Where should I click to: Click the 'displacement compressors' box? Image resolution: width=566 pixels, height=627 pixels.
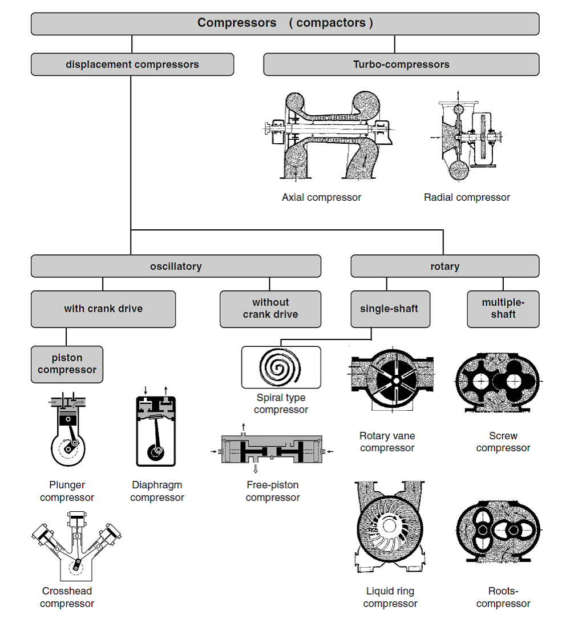click(x=132, y=64)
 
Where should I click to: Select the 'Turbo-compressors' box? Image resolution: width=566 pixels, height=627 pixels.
click(x=401, y=64)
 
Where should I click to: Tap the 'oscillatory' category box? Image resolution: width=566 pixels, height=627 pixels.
click(x=176, y=266)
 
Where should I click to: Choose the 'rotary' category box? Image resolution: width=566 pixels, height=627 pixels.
click(x=445, y=266)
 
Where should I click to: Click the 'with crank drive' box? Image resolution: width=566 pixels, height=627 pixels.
click(x=103, y=309)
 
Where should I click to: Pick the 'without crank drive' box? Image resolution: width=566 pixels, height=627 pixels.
click(x=270, y=309)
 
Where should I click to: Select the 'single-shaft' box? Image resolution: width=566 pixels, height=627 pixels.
click(x=390, y=309)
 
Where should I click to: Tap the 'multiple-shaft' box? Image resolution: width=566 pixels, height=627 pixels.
click(x=503, y=309)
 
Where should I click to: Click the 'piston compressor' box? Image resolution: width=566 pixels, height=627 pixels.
click(x=67, y=365)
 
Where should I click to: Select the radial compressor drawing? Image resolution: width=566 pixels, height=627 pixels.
click(x=466, y=136)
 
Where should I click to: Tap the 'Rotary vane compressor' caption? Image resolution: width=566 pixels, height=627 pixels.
click(x=387, y=442)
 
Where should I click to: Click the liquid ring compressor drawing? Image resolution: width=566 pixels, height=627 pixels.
click(x=390, y=527)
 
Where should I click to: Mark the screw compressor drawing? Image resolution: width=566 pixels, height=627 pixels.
click(x=499, y=382)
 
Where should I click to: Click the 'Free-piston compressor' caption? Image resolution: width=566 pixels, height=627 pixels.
click(x=273, y=491)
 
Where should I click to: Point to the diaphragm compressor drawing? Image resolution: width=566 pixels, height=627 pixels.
click(x=156, y=427)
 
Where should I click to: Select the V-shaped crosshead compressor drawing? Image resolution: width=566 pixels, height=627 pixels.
click(x=76, y=545)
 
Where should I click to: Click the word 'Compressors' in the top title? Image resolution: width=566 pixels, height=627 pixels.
click(x=237, y=23)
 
